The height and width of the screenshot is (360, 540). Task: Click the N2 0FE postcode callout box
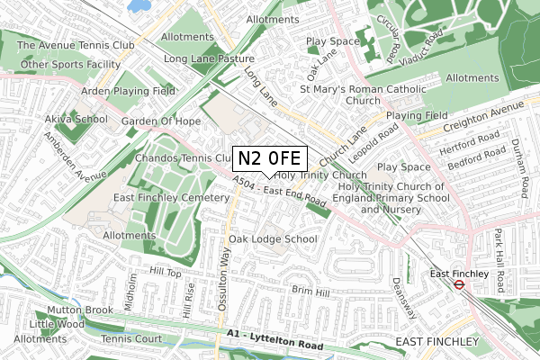click(270, 158)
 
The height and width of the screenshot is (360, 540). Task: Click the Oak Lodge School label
click(273, 239)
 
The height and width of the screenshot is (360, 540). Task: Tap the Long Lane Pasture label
click(210, 59)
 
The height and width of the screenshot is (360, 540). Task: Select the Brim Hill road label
click(310, 290)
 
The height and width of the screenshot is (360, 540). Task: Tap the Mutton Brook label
click(55, 309)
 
